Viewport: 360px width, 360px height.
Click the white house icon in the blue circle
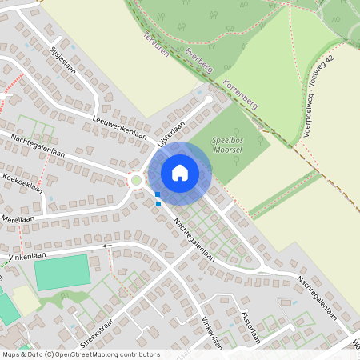(x=180, y=172)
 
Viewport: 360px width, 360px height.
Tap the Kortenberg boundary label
(x=240, y=94)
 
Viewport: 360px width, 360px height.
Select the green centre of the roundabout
(x=137, y=180)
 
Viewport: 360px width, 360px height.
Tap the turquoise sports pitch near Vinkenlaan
(x=62, y=273)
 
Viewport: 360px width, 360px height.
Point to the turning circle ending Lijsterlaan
(x=209, y=99)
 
